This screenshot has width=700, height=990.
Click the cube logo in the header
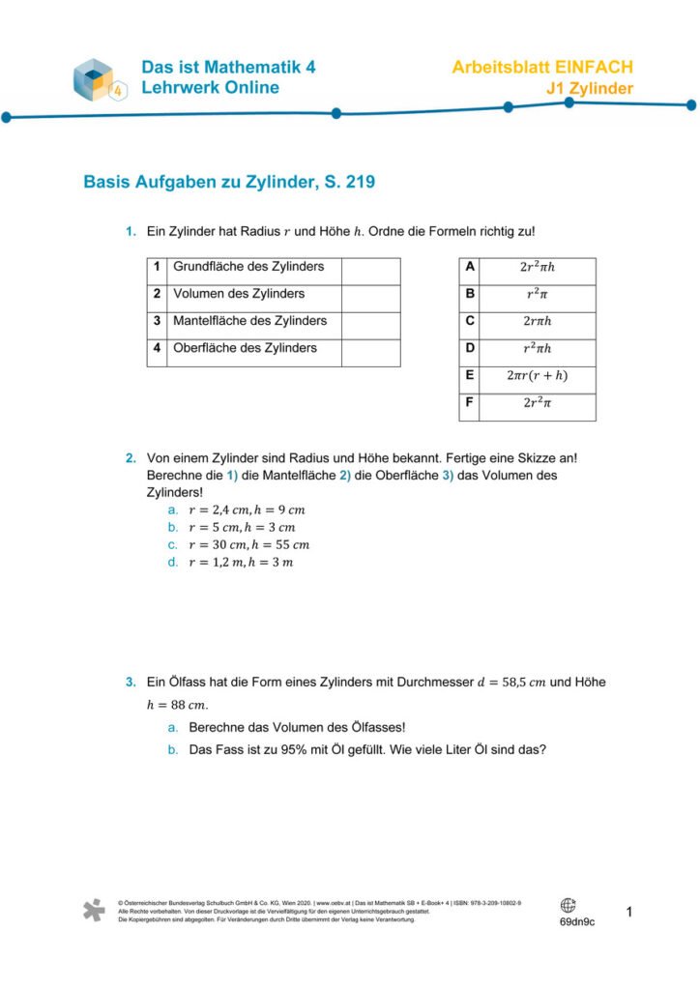[x=100, y=79]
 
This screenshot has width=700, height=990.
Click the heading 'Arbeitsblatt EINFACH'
[x=542, y=68]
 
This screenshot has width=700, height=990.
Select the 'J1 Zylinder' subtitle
[x=589, y=89]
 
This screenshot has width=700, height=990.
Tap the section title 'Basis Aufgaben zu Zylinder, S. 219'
[x=229, y=181]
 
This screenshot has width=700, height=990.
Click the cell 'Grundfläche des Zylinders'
[x=248, y=267]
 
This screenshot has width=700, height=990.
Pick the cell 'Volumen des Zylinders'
[x=239, y=294]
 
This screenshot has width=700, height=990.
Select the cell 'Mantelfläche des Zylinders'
[x=249, y=321]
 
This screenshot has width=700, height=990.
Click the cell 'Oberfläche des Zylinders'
[x=245, y=348]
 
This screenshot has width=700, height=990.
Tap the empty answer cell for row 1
[x=370, y=271]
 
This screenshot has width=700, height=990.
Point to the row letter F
[x=470, y=402]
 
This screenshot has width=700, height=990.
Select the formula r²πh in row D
[x=537, y=349]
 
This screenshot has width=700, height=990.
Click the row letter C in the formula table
[x=470, y=321]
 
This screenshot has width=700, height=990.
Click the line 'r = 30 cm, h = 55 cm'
[x=248, y=544]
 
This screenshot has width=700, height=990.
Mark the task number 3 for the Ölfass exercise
[x=130, y=682]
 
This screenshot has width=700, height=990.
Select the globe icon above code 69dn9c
[x=568, y=905]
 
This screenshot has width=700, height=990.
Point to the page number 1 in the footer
[x=629, y=912]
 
